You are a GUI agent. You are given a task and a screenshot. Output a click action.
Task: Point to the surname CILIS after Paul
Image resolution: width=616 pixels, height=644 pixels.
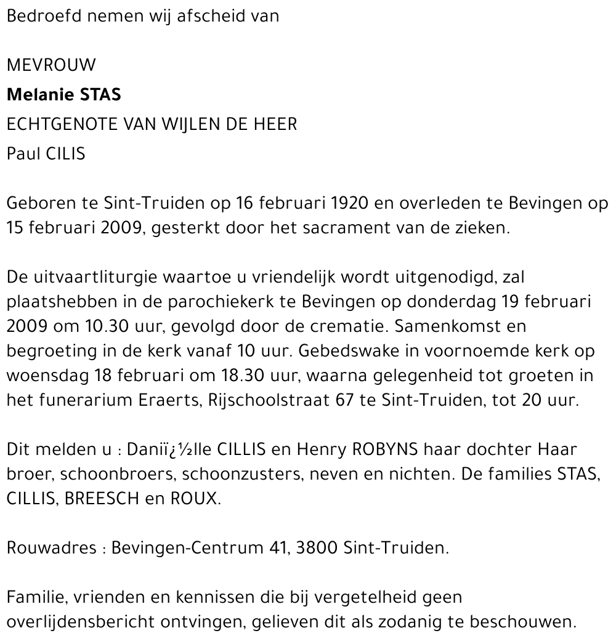(x=65, y=153)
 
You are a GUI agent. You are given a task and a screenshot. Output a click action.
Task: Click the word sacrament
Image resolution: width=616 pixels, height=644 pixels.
(x=370, y=228)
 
